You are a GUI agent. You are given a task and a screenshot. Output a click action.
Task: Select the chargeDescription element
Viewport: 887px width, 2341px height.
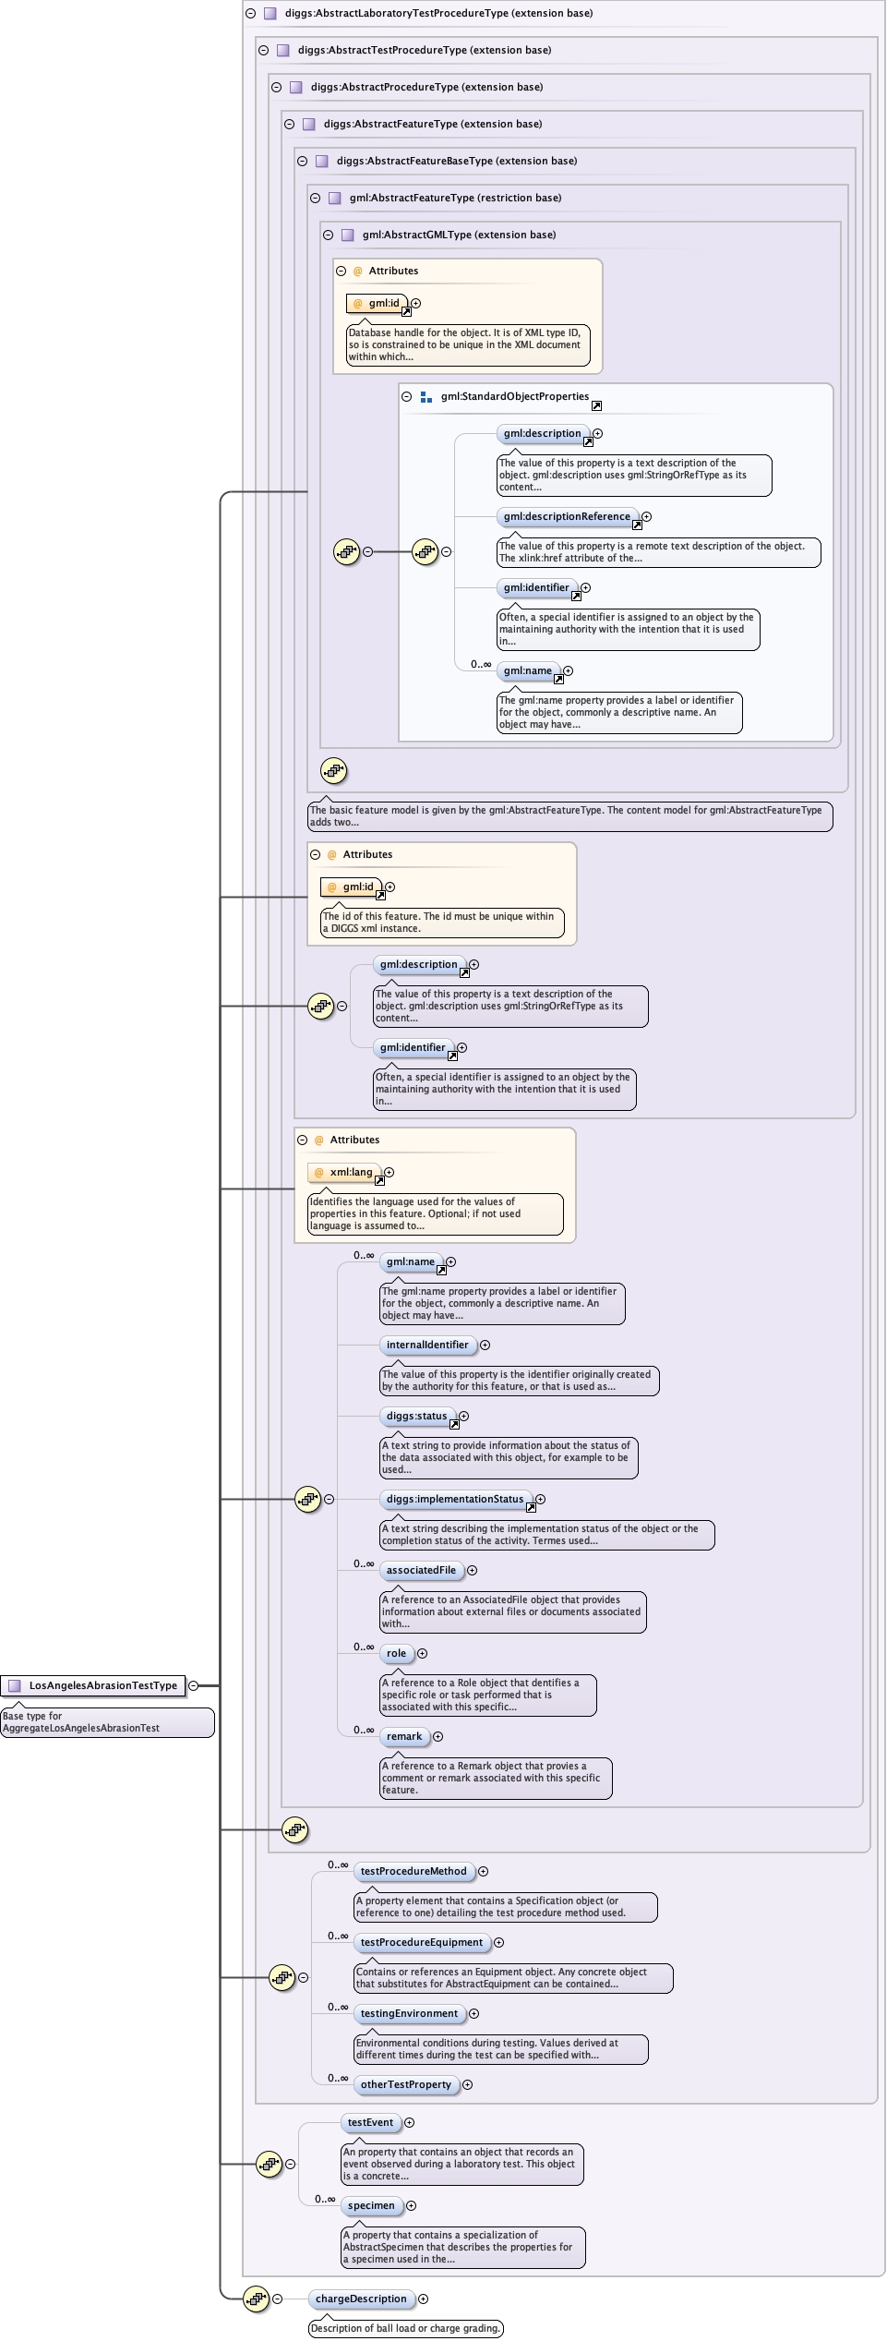pos(361,2299)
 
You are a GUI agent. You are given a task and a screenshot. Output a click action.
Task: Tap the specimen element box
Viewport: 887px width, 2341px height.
pos(371,2205)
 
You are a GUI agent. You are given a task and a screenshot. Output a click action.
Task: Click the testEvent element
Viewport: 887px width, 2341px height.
pos(370,2122)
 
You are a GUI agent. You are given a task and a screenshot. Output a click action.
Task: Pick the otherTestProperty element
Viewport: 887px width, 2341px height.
pos(405,2084)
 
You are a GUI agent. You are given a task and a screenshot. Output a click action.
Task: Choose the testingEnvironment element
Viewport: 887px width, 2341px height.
pos(409,2013)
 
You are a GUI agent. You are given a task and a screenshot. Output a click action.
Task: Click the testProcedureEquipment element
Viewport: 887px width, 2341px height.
pos(422,1942)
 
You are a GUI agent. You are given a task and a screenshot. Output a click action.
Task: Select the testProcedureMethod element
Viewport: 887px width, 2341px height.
pos(414,1871)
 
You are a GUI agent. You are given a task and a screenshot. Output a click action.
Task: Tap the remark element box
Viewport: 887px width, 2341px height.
pos(404,1736)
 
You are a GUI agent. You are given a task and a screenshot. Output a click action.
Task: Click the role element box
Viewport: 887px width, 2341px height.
pos(396,1653)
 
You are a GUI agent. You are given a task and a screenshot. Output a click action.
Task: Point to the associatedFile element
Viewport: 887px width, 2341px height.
pos(421,1570)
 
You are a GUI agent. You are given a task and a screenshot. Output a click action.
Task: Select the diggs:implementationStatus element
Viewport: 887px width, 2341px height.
pos(455,1499)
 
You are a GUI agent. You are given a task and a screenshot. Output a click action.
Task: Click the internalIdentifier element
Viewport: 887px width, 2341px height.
pos(427,1345)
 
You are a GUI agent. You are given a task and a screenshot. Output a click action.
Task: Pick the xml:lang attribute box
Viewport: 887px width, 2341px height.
pos(345,1173)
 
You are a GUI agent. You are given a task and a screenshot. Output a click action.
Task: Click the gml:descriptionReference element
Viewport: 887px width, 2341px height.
pos(567,517)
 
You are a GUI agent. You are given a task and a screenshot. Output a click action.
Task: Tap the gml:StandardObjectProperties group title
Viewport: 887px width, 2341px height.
pos(514,396)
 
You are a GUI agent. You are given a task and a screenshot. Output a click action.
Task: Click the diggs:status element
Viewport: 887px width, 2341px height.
pos(416,1416)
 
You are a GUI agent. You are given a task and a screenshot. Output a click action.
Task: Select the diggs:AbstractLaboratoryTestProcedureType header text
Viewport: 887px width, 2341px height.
pos(438,13)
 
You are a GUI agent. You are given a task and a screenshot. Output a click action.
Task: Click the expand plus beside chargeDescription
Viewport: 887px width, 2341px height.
pos(423,2299)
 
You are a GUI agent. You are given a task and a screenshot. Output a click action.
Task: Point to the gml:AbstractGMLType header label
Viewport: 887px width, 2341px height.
pos(459,235)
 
